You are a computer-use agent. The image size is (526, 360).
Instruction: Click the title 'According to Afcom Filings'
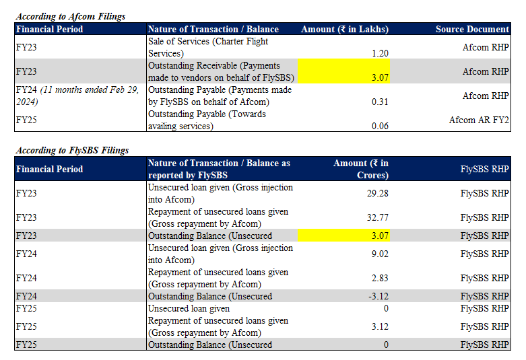click(71, 16)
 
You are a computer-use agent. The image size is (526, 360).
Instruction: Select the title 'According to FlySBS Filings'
click(72, 150)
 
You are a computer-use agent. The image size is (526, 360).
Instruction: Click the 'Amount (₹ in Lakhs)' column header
click(345, 29)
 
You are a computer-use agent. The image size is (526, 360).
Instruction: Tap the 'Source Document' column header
click(472, 29)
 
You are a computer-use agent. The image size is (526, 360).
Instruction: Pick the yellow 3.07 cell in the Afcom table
click(344, 71)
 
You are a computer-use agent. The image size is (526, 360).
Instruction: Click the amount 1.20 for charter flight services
click(380, 53)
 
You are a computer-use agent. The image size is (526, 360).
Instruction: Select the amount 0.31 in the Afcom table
click(380, 102)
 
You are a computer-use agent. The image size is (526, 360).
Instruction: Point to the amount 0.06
click(380, 126)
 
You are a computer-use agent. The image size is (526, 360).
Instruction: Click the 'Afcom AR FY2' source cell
click(479, 120)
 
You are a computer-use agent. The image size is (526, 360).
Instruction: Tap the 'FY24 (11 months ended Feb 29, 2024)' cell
click(77, 96)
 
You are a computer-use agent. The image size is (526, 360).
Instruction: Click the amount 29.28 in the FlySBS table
click(378, 193)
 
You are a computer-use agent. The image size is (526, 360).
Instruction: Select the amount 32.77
click(378, 217)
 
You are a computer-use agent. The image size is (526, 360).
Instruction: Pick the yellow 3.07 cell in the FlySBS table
click(344, 236)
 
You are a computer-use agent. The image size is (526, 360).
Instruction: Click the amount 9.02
click(380, 254)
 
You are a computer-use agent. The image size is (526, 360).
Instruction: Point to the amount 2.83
click(380, 278)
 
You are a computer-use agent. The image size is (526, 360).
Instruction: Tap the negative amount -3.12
click(379, 296)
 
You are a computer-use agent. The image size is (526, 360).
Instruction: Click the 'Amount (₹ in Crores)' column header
click(361, 169)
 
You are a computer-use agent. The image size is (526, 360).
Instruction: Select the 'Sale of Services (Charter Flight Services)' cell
click(208, 47)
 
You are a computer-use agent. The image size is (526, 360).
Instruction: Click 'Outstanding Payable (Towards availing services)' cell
click(207, 120)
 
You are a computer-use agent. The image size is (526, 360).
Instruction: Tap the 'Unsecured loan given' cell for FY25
click(189, 308)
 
